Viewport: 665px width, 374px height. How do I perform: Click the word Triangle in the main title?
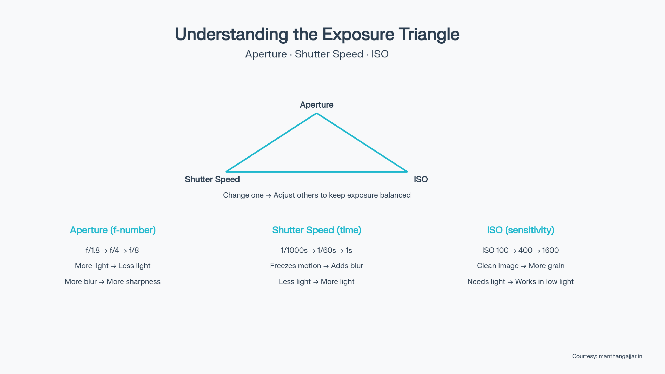pyautogui.click(x=429, y=35)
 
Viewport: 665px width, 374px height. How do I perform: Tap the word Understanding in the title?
pyautogui.click(x=231, y=35)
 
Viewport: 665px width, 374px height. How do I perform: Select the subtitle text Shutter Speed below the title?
pyautogui.click(x=329, y=54)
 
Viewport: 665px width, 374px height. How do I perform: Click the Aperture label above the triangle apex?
pyautogui.click(x=316, y=105)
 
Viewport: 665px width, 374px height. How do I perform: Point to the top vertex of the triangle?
pyautogui.click(x=316, y=114)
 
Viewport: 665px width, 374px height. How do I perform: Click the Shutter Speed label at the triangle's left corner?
pyautogui.click(x=212, y=179)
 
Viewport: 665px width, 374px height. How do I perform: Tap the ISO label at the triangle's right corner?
pyautogui.click(x=421, y=179)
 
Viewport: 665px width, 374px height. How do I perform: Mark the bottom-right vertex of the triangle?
pyautogui.click(x=407, y=172)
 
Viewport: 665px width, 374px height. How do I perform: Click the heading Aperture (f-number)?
pyautogui.click(x=113, y=230)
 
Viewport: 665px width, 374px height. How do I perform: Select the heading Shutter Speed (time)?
pyautogui.click(x=316, y=230)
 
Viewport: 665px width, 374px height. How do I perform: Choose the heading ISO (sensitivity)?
pyautogui.click(x=520, y=230)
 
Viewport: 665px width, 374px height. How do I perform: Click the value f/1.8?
pyautogui.click(x=93, y=250)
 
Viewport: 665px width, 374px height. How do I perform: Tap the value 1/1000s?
pyautogui.click(x=294, y=250)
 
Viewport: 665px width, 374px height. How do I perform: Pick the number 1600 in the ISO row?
pyautogui.click(x=550, y=250)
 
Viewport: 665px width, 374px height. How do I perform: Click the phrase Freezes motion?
pyautogui.click(x=295, y=266)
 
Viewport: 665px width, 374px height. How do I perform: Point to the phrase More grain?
pyautogui.click(x=546, y=266)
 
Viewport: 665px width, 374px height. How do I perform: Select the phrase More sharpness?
pyautogui.click(x=134, y=281)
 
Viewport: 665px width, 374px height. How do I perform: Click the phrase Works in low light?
pyautogui.click(x=544, y=281)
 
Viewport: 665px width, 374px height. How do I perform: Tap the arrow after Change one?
pyautogui.click(x=269, y=195)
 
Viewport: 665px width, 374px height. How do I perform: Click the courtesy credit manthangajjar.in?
pyautogui.click(x=620, y=356)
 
